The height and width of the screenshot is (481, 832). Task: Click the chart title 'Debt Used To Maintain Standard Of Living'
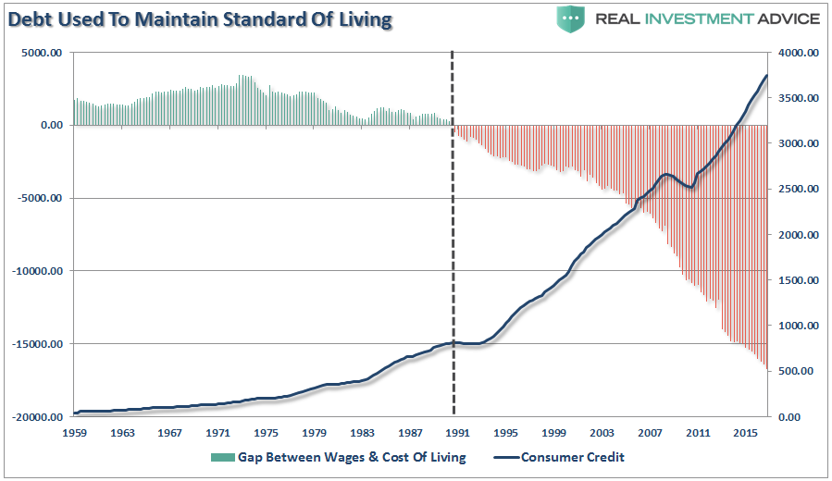197,18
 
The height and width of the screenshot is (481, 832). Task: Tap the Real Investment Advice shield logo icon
570,18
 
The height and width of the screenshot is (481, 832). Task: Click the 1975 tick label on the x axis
267,432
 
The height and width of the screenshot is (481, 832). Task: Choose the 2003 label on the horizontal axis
602,432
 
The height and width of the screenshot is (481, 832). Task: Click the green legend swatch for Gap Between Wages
222,457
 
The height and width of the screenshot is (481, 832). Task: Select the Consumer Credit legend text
574,457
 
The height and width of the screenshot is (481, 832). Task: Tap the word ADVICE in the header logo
786,18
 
